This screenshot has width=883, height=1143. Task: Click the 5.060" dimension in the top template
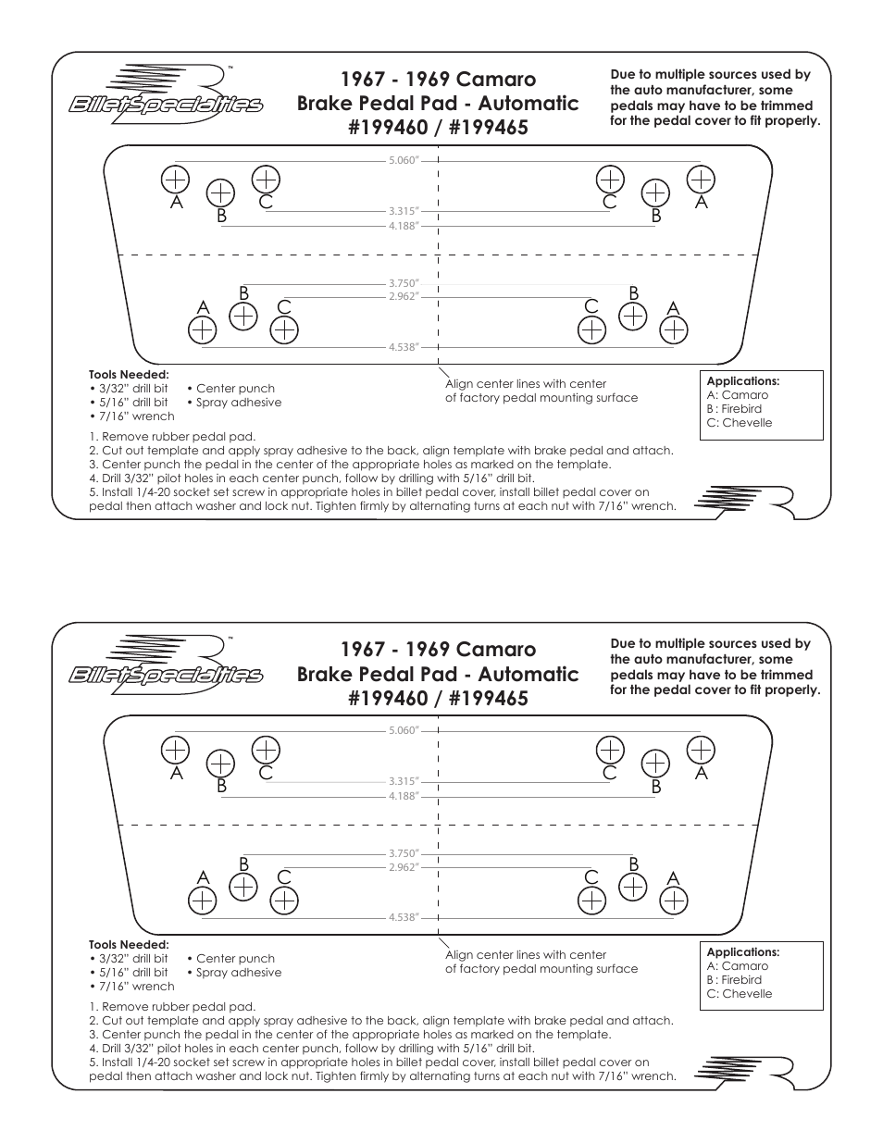[x=404, y=160]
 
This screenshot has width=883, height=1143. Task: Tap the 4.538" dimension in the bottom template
[x=404, y=917]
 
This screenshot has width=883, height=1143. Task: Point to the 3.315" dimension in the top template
[x=404, y=211]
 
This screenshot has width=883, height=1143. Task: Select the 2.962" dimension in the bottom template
[x=404, y=866]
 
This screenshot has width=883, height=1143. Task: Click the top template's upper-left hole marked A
[x=175, y=178]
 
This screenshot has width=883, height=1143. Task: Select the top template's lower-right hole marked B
[x=633, y=316]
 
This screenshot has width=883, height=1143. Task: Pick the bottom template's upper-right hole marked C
[x=610, y=749]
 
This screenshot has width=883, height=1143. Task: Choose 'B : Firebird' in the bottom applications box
[x=734, y=979]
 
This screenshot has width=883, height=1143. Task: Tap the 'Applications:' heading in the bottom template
[x=743, y=951]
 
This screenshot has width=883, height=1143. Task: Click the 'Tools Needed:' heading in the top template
[x=129, y=375]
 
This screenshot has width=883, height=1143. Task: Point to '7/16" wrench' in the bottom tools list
[x=136, y=987]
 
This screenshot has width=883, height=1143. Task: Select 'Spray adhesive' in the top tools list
[x=238, y=403]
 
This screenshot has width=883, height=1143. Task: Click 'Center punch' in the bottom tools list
[x=235, y=959]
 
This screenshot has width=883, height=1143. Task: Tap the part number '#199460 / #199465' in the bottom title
[x=437, y=698]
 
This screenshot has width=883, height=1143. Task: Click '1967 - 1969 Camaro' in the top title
[x=437, y=79]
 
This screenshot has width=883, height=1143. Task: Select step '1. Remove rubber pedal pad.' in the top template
[x=172, y=437]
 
